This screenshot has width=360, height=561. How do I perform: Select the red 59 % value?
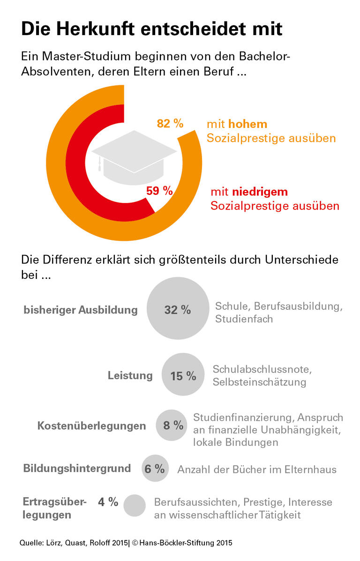point(159,191)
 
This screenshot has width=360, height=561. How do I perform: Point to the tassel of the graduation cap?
point(99,165)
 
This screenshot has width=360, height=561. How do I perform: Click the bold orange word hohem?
point(247,124)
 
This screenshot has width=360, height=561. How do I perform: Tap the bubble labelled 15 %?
point(183,375)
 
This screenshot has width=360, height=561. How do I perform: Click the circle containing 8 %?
point(172,426)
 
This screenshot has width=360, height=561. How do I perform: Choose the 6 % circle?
point(155,468)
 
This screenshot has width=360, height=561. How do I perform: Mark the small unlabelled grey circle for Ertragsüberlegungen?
point(135,505)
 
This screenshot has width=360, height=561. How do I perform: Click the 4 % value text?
point(108,502)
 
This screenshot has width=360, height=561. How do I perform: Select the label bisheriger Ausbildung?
point(81,310)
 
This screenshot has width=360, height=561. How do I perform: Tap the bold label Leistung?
point(130,375)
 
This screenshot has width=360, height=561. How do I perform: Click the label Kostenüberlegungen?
point(91,426)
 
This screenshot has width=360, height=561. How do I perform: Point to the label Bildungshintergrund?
point(77,468)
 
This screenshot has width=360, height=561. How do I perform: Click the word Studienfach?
point(244,319)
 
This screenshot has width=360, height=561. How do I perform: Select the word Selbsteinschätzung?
point(259,382)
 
